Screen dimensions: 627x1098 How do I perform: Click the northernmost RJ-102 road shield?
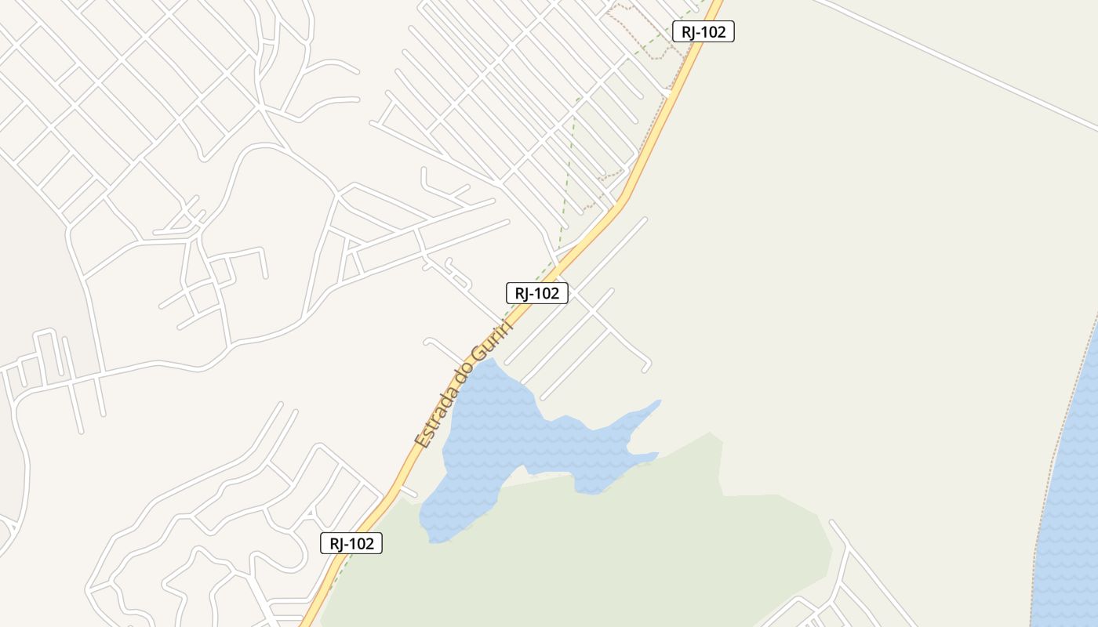coord(703,32)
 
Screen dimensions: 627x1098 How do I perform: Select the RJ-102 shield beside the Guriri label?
coord(536,293)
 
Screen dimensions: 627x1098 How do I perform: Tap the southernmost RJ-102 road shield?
coord(351,543)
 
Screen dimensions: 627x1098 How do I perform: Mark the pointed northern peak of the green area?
coord(711,433)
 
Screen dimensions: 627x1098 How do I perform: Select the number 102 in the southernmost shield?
coord(362,543)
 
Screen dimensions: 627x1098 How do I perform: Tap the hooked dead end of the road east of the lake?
coord(648,367)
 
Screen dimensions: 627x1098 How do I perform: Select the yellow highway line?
coord(596,227)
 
